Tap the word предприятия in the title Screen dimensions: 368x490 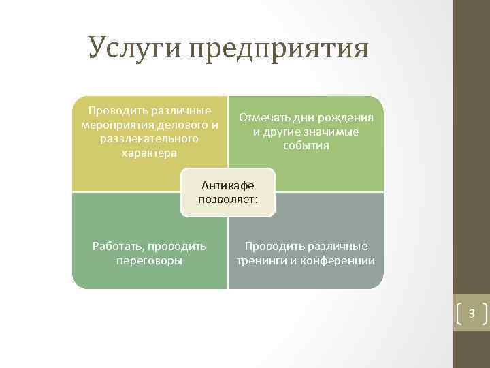pos(279,49)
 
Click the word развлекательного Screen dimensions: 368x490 pos(149,138)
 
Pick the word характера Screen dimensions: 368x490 pos(149,153)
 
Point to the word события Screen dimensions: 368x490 pos(306,146)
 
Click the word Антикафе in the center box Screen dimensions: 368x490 pos(228,185)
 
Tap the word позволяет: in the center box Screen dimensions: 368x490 pos(228,200)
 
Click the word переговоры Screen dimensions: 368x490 pos(149,260)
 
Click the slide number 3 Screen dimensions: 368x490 pos(471,314)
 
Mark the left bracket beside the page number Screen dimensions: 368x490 pos(459,314)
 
